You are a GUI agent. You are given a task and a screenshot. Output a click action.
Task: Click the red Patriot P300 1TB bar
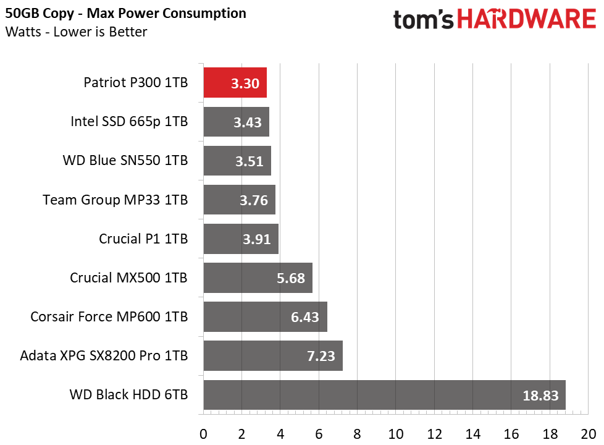[235, 83]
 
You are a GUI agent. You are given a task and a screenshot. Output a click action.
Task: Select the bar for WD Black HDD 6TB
[384, 395]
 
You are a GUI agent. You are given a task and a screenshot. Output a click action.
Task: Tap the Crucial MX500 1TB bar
[258, 278]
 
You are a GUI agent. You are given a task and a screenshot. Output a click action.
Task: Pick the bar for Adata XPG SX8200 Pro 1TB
[273, 355]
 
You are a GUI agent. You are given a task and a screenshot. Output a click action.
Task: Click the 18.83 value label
[540, 396]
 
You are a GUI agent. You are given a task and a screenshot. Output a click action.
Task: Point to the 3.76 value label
[253, 200]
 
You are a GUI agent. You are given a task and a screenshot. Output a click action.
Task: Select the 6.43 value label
[304, 317]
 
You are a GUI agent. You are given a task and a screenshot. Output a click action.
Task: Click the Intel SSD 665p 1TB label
[129, 122]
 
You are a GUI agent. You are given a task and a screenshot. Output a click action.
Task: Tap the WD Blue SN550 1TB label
[125, 161]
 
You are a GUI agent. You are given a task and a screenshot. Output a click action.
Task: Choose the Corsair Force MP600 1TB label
[109, 316]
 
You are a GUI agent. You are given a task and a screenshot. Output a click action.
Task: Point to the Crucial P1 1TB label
[143, 239]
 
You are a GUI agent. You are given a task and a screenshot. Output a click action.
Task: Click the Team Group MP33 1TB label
[115, 200]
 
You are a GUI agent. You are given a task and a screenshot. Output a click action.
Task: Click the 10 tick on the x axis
[396, 434]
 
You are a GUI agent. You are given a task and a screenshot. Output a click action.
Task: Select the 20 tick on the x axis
[588, 434]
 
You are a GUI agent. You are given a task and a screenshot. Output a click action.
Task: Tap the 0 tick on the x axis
[203, 434]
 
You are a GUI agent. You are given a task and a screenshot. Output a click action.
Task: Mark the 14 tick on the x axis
[472, 434]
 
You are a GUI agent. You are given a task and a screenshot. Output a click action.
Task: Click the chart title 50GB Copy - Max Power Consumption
[125, 14]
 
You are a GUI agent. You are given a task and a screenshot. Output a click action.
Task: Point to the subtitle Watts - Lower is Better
[76, 32]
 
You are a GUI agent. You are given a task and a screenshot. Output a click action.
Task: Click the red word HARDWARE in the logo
[527, 19]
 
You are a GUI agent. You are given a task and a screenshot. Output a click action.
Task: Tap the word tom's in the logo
[423, 20]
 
